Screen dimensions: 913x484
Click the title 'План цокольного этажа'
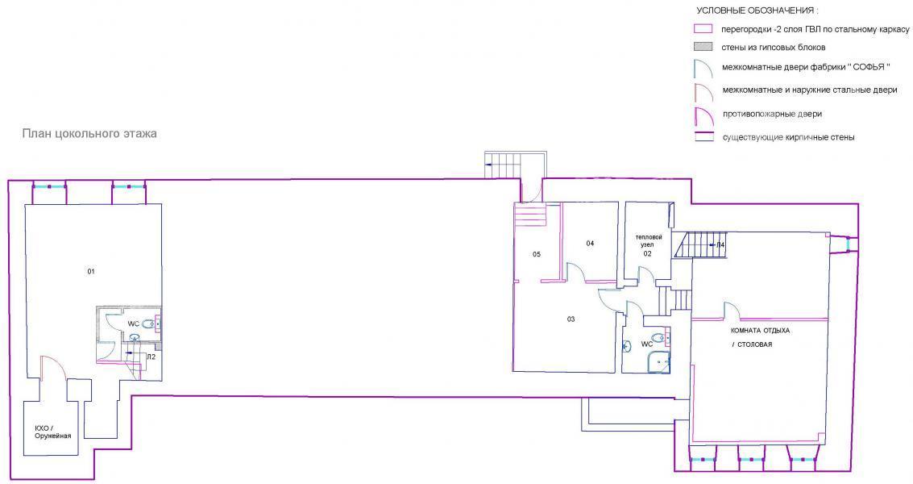click(89, 134)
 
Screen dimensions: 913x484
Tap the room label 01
click(91, 271)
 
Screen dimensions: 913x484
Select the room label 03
click(571, 319)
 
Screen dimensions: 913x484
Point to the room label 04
click(590, 243)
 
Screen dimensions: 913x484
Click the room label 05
click(536, 254)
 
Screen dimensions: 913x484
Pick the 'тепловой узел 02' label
click(648, 245)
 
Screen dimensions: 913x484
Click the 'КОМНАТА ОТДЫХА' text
click(761, 330)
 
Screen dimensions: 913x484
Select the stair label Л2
click(151, 357)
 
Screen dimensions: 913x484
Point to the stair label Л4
click(720, 244)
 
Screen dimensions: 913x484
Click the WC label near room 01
click(133, 323)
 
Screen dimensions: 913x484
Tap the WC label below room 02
click(646, 344)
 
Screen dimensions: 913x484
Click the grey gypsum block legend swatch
click(704, 48)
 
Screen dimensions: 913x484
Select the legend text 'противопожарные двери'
click(772, 114)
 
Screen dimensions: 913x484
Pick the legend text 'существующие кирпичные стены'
click(788, 138)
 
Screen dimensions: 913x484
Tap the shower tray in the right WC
click(658, 361)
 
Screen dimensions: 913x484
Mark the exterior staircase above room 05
click(504, 165)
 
